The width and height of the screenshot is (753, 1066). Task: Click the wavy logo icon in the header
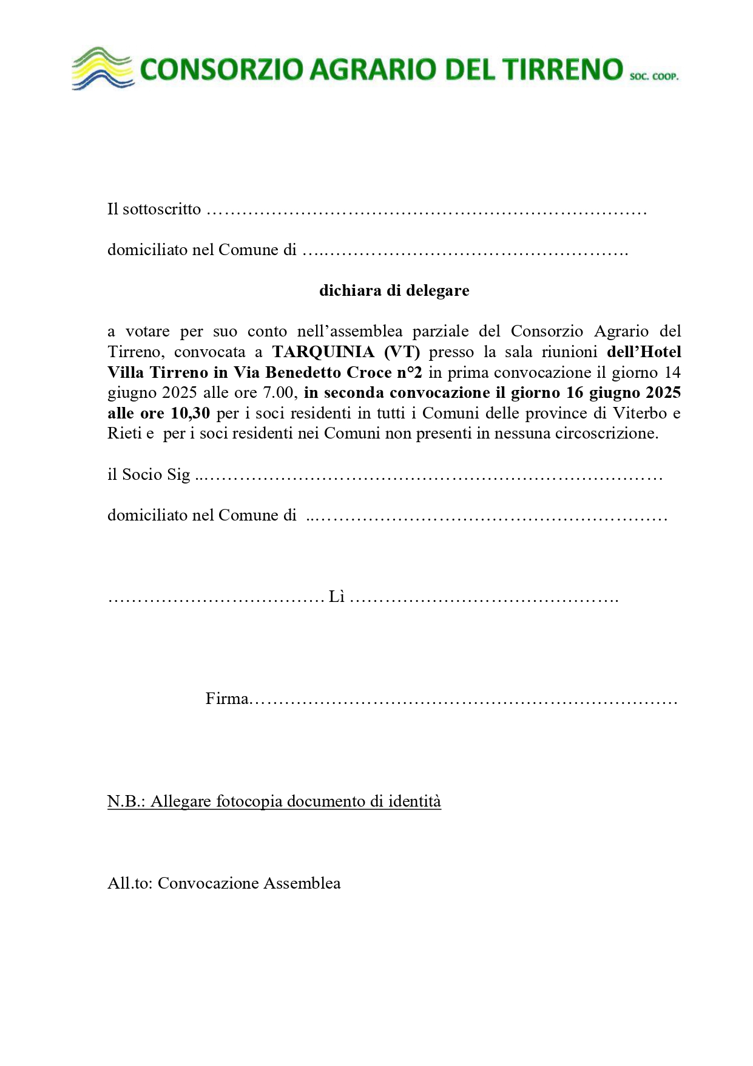coord(102,68)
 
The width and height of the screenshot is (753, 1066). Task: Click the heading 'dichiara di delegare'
coord(394,290)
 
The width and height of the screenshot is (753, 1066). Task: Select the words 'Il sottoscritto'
coord(154,209)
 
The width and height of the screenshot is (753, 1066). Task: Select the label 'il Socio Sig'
coord(149,474)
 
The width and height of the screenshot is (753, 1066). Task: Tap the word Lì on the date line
coord(336,597)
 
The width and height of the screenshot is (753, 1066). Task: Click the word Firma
coord(227,699)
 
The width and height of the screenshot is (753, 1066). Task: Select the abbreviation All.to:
coord(130,883)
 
